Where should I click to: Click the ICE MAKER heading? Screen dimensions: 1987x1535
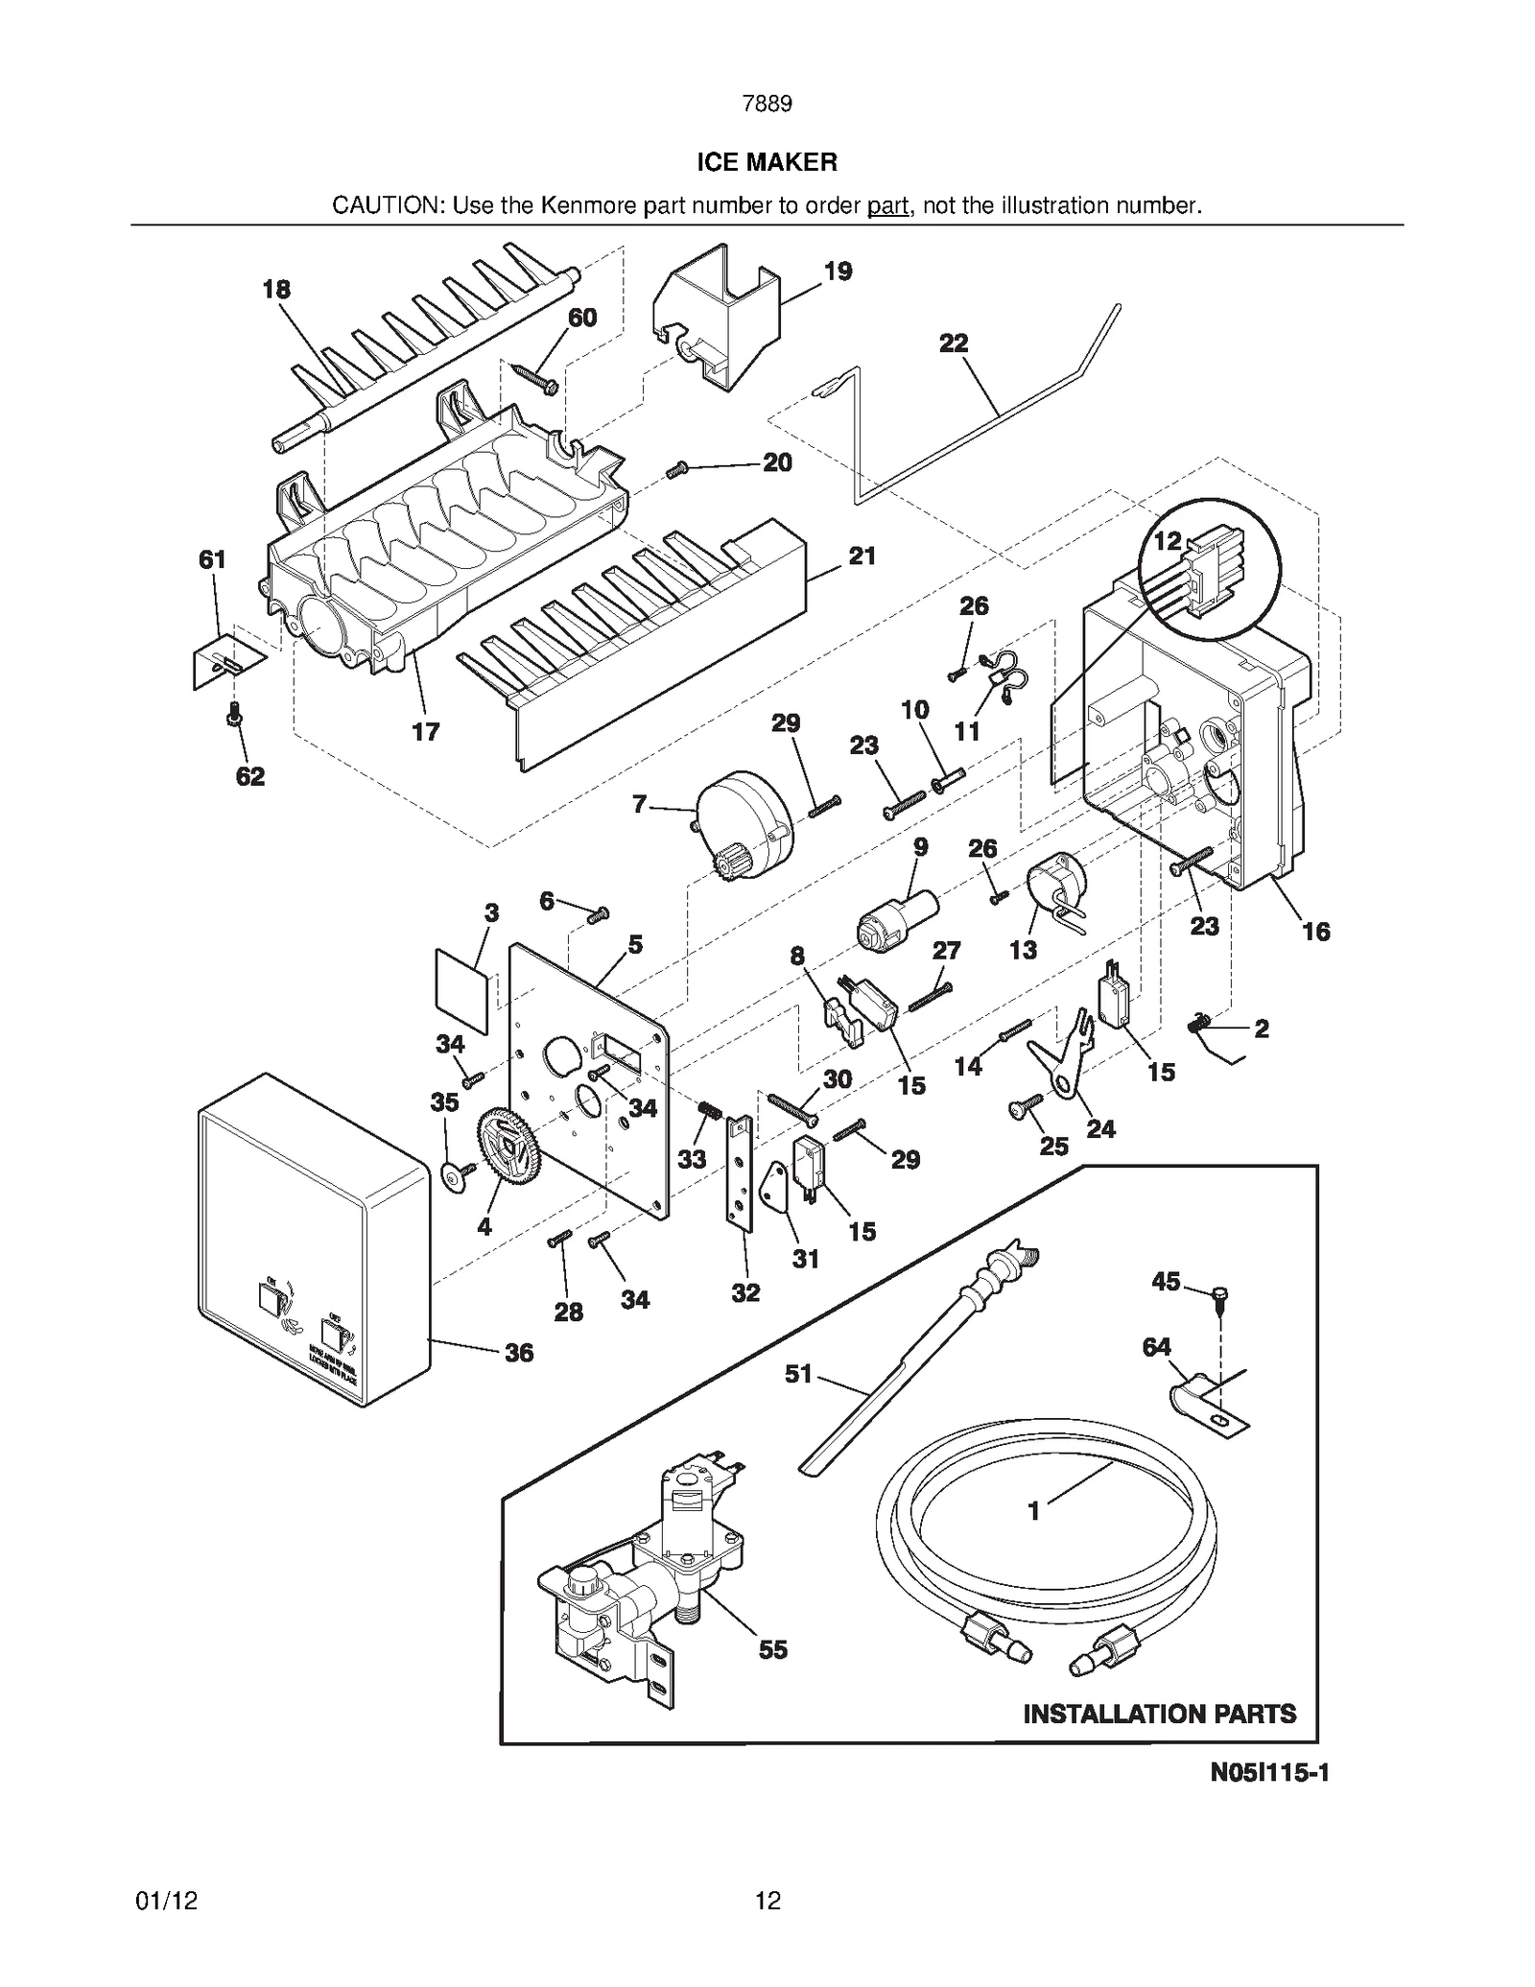point(767,162)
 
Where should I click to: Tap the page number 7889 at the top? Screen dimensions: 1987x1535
point(767,104)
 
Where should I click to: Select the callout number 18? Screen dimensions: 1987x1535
point(276,289)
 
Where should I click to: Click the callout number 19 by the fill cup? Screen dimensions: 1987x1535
point(838,272)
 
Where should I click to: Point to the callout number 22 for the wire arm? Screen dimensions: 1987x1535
point(953,343)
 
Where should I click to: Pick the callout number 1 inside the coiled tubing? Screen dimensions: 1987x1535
point(1033,1511)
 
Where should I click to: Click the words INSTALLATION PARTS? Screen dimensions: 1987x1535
point(1159,1714)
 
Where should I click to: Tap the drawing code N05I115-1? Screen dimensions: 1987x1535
point(1268,1772)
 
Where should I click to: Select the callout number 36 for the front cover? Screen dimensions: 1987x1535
point(518,1353)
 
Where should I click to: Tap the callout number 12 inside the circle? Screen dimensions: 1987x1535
point(1167,541)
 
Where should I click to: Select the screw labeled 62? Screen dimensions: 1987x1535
point(234,715)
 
